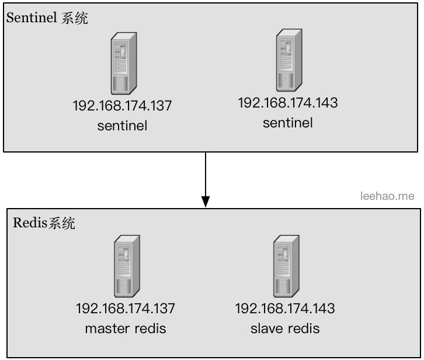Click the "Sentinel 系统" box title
(x=47, y=18)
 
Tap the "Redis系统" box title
(x=44, y=223)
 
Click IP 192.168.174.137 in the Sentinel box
(x=122, y=106)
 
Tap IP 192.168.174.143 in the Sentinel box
(x=288, y=103)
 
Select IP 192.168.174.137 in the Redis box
(x=125, y=308)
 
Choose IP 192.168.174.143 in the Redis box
(x=285, y=308)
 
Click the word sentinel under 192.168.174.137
(x=122, y=125)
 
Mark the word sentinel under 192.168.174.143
(x=288, y=122)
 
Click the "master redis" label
(x=126, y=328)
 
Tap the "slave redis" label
(x=285, y=328)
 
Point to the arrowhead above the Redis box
(x=206, y=201)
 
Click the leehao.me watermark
(x=387, y=196)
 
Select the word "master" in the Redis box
(x=107, y=328)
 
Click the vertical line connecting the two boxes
(x=206, y=172)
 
